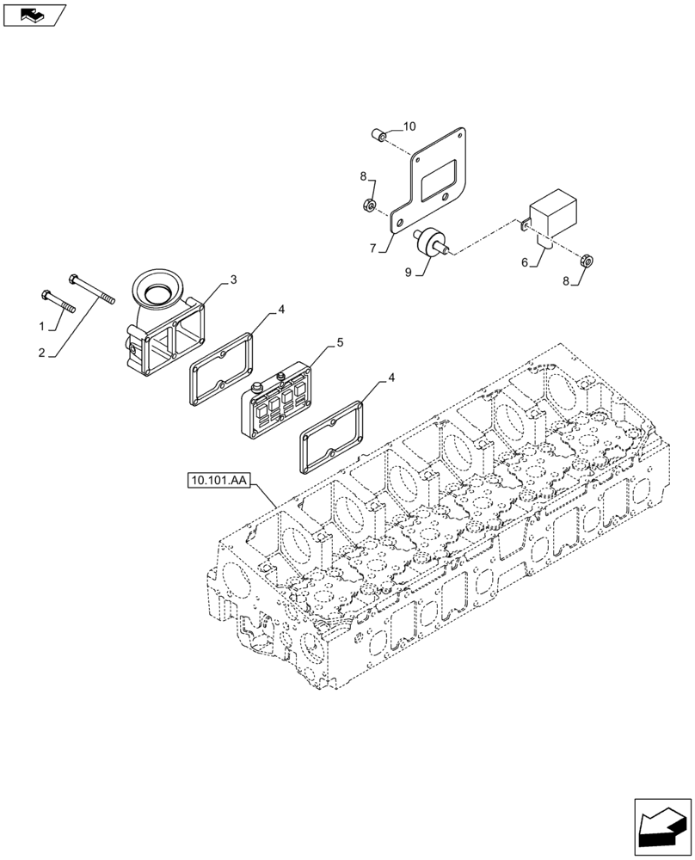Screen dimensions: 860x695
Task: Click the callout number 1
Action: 41,326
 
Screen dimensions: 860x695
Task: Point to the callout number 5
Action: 340,342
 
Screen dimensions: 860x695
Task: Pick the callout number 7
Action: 372,249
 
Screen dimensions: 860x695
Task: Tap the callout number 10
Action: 409,126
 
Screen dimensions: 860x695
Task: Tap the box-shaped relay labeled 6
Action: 551,215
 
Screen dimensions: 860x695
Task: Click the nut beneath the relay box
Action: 586,258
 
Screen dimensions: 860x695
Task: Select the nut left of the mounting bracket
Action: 368,205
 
